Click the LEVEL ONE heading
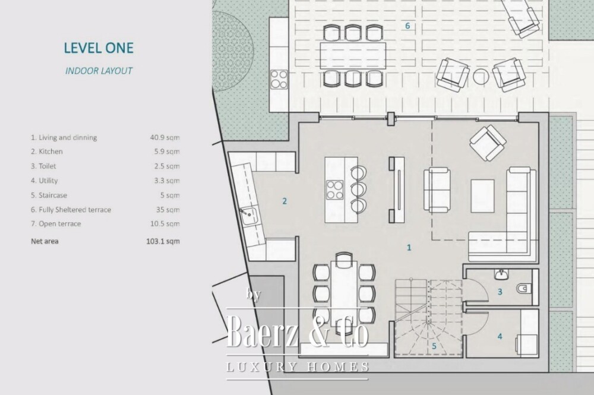tap(99, 48)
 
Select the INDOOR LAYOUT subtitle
tap(99, 71)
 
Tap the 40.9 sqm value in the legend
tap(165, 137)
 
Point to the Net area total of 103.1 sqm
tap(163, 241)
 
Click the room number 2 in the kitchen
tap(285, 201)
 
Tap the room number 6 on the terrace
tap(407, 26)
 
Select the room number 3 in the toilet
tap(500, 292)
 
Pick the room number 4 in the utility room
tap(500, 336)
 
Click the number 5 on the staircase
tap(434, 346)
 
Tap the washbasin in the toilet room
tap(501, 274)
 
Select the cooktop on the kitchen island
tap(335, 189)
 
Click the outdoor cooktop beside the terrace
tap(279, 80)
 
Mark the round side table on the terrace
tap(481, 77)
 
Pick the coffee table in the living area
tap(482, 196)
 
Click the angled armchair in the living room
tap(488, 143)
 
